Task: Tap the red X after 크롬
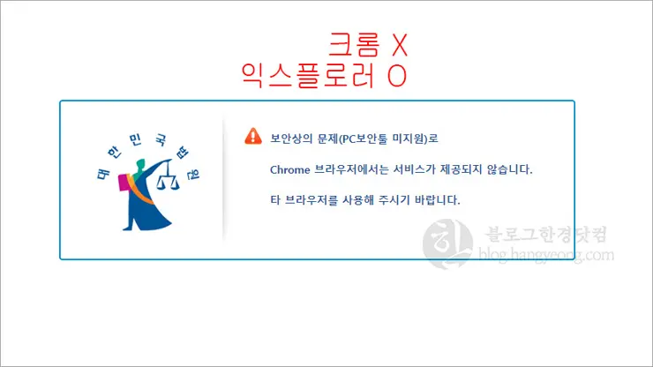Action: click(x=399, y=44)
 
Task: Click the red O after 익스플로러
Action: click(x=396, y=76)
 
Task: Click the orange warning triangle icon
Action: click(x=253, y=137)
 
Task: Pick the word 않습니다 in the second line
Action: click(x=509, y=169)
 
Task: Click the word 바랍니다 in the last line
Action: click(x=439, y=199)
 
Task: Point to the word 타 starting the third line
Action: click(x=274, y=199)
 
